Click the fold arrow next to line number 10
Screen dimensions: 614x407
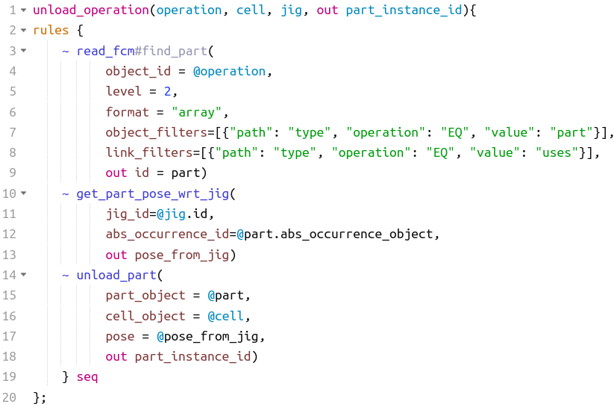coord(23,194)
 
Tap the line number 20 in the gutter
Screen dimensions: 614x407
coord(9,397)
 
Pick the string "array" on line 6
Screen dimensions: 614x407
coord(198,112)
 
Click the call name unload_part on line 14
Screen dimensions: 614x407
coord(116,275)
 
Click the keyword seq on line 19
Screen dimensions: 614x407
coord(87,377)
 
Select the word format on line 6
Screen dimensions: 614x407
coord(127,112)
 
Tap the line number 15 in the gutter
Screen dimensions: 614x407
coord(9,296)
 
